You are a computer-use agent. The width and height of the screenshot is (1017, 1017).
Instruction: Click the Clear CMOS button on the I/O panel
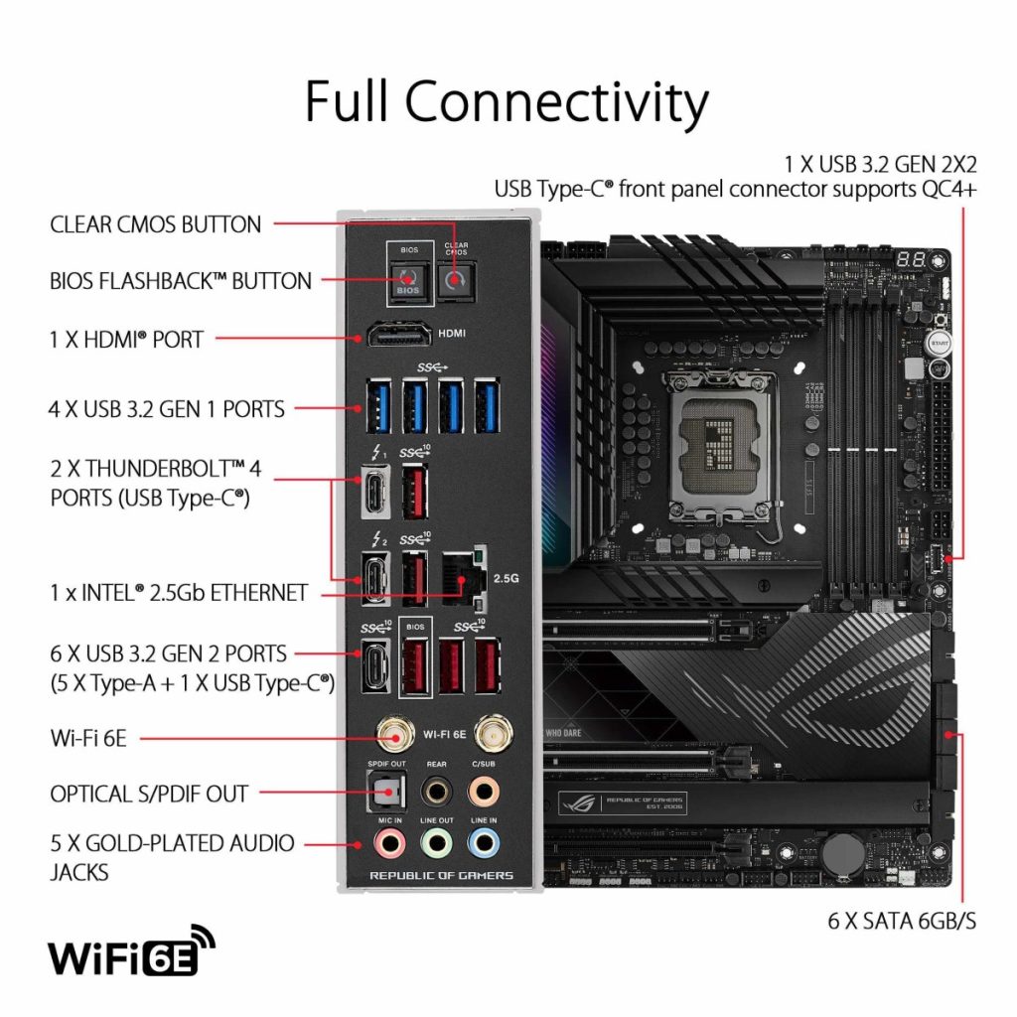click(x=456, y=280)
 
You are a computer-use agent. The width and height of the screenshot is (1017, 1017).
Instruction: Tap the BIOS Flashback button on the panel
click(x=408, y=281)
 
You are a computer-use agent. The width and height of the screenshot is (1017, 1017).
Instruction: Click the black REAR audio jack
click(x=436, y=791)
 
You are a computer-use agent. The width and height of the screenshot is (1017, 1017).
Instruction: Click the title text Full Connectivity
click(x=507, y=101)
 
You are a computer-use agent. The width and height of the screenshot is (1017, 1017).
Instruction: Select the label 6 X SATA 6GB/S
click(x=902, y=921)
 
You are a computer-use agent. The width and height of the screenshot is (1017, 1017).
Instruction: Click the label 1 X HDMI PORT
click(x=127, y=340)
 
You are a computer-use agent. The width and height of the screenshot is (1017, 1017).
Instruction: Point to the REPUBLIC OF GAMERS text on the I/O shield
click(x=441, y=875)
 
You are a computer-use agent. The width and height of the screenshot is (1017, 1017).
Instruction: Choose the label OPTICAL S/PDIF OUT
click(x=149, y=794)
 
